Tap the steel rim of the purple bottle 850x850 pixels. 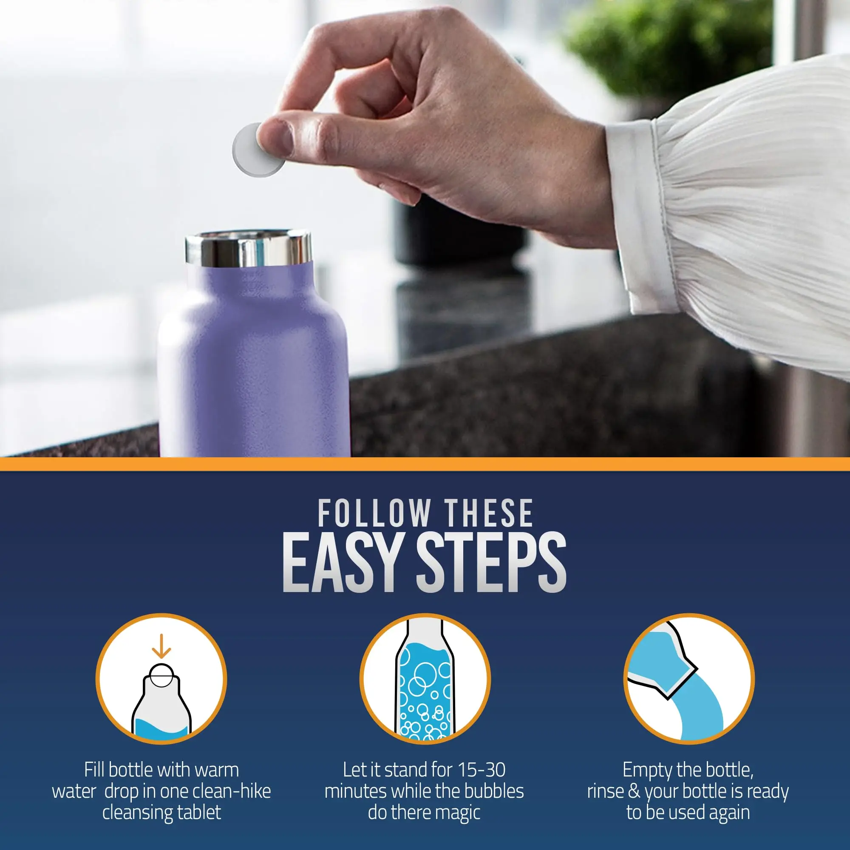249,250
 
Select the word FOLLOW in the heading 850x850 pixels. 374,513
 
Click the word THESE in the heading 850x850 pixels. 489,513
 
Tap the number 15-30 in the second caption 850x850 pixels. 482,770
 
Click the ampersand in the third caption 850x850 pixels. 634,791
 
